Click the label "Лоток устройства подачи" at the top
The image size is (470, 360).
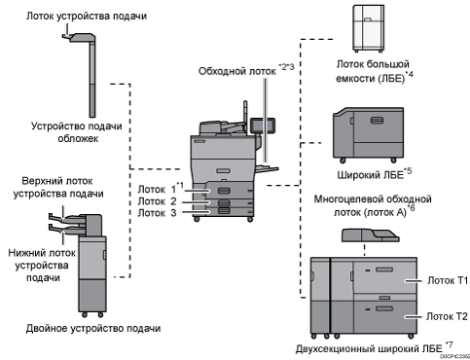87,16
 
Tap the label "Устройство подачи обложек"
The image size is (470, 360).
77,132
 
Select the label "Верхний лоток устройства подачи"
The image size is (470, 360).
58,187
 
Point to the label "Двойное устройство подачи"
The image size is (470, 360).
93,329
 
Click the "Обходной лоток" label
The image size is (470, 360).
237,71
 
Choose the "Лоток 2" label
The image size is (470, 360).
157,201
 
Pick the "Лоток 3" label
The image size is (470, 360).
157,213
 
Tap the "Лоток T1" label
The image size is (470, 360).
448,280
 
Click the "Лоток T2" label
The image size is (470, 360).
447,316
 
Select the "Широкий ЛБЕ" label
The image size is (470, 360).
370,175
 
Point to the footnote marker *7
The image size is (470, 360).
450,344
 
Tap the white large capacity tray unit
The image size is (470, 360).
368,28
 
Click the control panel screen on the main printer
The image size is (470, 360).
263,126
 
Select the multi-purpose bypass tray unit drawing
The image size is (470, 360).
370,235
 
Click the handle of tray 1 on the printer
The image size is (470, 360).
224,191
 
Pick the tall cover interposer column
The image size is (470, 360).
92,77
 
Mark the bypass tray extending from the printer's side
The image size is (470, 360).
267,168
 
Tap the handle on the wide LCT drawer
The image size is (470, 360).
377,121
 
